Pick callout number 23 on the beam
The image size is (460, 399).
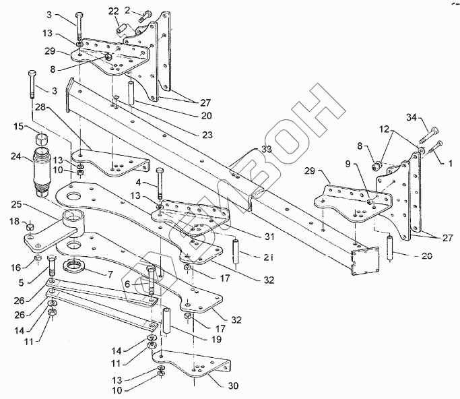click(x=207, y=135)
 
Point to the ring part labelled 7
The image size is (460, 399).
click(x=74, y=264)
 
